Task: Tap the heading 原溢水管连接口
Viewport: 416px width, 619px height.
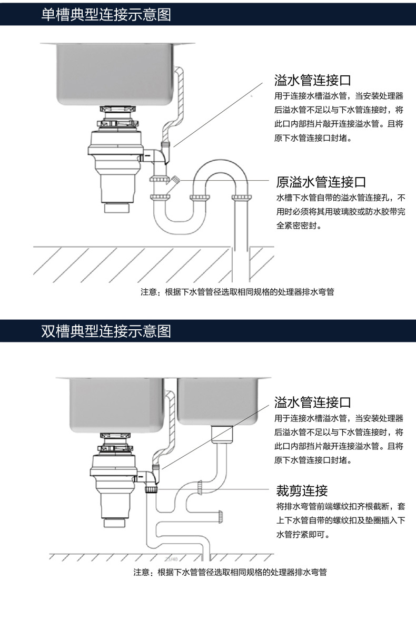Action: [x=321, y=182]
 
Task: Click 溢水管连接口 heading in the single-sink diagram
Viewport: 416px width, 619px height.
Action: [x=313, y=81]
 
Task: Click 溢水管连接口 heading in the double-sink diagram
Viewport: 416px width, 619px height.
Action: [x=313, y=403]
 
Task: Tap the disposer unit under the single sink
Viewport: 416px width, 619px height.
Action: [x=116, y=153]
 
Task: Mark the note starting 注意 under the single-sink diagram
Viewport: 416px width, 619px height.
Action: [x=237, y=292]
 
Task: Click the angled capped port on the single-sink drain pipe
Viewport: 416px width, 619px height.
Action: [x=174, y=181]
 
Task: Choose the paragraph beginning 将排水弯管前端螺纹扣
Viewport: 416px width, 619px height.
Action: [x=341, y=520]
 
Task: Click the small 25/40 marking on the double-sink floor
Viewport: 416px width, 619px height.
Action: [x=172, y=559]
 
